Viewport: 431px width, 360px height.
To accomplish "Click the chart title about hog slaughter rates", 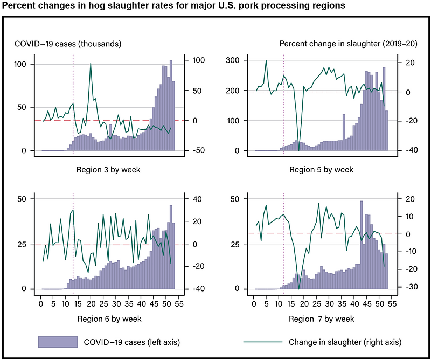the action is pyautogui.click(x=173, y=5).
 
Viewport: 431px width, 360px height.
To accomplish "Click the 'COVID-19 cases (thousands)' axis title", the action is pyautogui.click(x=68, y=44).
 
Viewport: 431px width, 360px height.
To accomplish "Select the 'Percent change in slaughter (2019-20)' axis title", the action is pyautogui.click(x=348, y=44).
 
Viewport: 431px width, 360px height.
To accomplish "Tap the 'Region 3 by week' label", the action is pyautogui.click(x=108, y=170).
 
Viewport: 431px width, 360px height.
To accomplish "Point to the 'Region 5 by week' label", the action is pyautogui.click(x=321, y=170).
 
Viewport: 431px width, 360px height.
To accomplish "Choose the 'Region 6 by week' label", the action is pyautogui.click(x=109, y=319).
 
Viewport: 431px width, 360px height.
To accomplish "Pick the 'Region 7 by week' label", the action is pyautogui.click(x=321, y=319).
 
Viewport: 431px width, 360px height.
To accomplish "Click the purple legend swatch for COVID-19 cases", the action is pyautogui.click(x=58, y=342).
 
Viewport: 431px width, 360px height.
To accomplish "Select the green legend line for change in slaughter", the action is pyautogui.click(x=263, y=342).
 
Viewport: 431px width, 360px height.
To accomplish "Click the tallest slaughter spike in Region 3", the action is pyautogui.click(x=91, y=63).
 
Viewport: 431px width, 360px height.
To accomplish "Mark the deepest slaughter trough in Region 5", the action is pyautogui.click(x=299, y=150).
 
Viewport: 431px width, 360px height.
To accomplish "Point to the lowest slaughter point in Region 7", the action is pyautogui.click(x=299, y=288).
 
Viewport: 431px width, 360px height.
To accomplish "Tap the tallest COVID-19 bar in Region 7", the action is pyautogui.click(x=362, y=245).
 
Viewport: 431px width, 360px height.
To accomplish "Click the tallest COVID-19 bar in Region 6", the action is pyautogui.click(x=171, y=247).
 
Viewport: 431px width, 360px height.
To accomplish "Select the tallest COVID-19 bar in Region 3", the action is pyautogui.click(x=171, y=105).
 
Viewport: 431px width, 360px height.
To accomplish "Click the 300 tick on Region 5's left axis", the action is pyautogui.click(x=232, y=60).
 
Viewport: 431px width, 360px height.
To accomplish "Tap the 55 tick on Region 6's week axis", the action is pyautogui.click(x=179, y=304).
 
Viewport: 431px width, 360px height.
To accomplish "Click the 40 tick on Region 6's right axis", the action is pyautogui.click(x=198, y=199).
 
